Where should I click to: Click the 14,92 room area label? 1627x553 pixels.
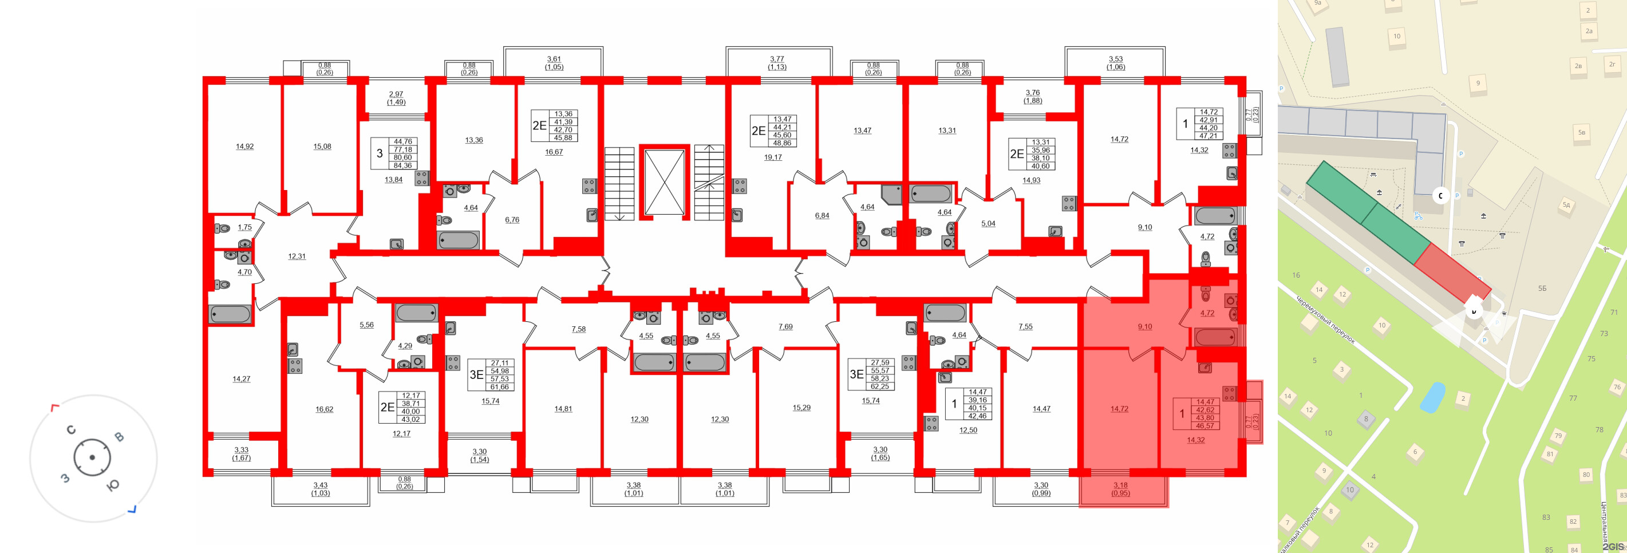244,147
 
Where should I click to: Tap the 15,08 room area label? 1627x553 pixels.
322,147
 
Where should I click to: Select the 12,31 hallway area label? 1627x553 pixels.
297,256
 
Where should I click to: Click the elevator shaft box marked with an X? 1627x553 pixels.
664,183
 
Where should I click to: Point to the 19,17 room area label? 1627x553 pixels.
772,157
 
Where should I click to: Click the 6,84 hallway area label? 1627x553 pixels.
822,215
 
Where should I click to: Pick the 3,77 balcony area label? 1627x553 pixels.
777,60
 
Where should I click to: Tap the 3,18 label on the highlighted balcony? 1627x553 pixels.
1120,485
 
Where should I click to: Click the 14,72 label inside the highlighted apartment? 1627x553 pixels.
1119,409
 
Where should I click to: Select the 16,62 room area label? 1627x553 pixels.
324,409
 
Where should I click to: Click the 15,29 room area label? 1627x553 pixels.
801,408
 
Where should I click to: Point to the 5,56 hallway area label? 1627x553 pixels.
366,325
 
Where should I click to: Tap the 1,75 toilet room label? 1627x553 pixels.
244,227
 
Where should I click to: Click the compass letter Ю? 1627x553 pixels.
112,485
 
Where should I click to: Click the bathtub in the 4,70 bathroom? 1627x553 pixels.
230,314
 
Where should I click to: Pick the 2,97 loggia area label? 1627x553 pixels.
396,94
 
